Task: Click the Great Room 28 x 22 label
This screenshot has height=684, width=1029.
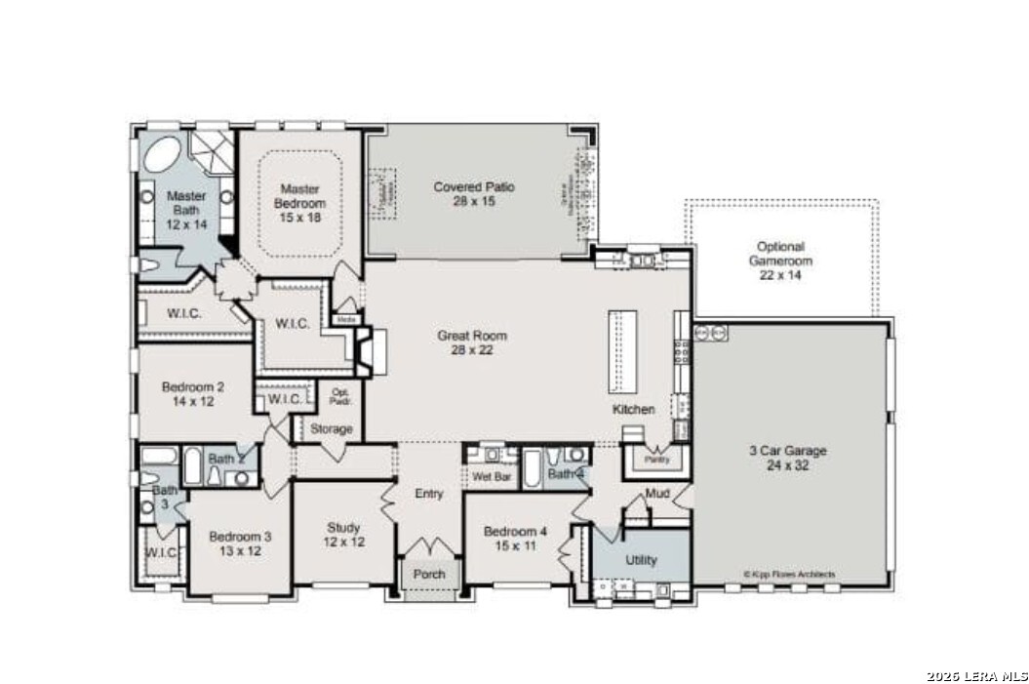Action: tap(472, 342)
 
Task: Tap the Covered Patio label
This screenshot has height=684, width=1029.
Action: tap(474, 193)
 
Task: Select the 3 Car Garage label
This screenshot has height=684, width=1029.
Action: tap(787, 458)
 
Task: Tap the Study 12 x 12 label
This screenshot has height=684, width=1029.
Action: tap(344, 535)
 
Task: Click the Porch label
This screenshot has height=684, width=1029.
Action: tap(429, 574)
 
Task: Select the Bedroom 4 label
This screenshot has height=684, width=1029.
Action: tap(516, 539)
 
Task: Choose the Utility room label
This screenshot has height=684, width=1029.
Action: tap(641, 560)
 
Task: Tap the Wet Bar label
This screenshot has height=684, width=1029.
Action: tap(492, 477)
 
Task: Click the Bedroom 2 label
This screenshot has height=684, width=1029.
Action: tap(187, 392)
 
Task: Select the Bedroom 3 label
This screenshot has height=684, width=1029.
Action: tap(240, 543)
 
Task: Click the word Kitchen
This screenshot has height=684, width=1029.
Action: tap(633, 409)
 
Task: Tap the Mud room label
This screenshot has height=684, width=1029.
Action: tap(656, 494)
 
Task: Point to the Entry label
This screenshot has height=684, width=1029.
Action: tap(429, 494)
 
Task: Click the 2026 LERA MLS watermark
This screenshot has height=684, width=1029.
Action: tap(976, 675)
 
